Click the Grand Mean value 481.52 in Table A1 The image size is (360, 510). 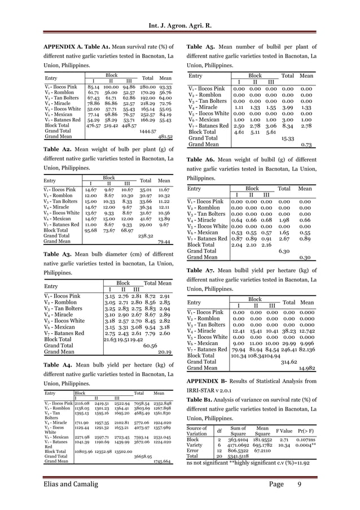[164, 137]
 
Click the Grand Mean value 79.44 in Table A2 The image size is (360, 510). [164, 241]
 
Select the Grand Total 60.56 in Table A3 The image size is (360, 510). [150, 345]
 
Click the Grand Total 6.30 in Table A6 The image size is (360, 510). [284, 251]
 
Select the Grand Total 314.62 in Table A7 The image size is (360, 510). [289, 361]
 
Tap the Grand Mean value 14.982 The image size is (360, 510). [306, 368]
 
